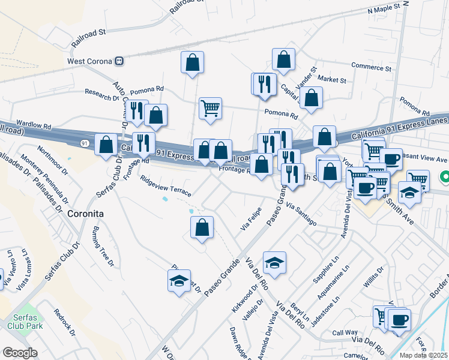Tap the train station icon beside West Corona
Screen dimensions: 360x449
click(119, 61)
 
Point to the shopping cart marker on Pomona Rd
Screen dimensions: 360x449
click(210, 109)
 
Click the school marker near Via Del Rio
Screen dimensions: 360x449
click(274, 263)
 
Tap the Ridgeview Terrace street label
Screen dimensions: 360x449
click(165, 186)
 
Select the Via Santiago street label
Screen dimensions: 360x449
click(301, 214)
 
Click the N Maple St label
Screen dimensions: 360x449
click(384, 10)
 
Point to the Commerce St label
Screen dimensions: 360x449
click(371, 67)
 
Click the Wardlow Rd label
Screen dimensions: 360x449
click(34, 124)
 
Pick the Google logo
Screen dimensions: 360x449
click(20, 353)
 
